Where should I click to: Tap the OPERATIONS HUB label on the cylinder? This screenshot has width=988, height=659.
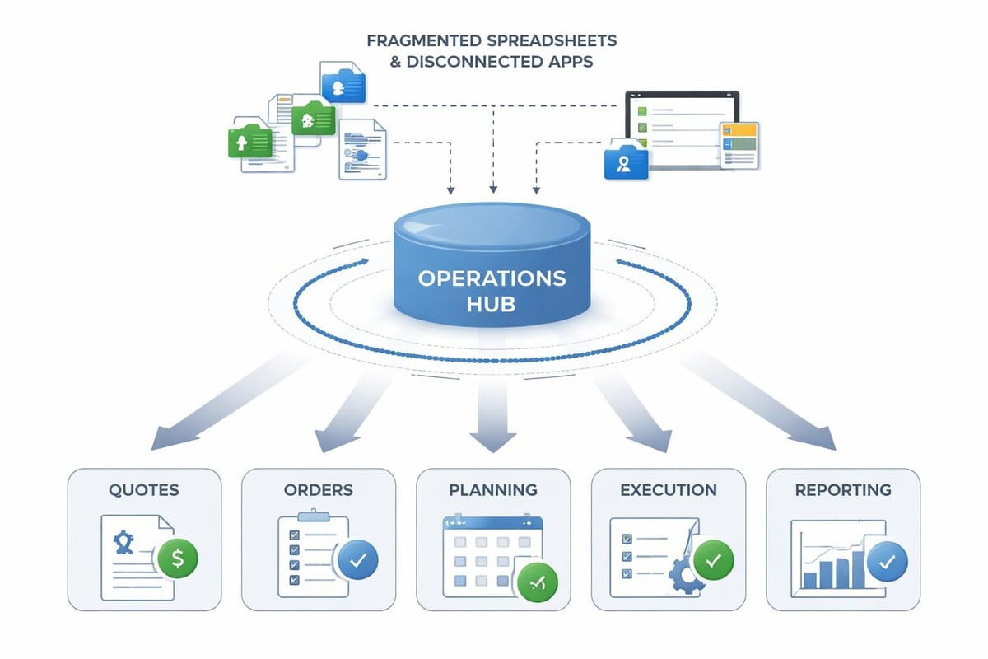click(x=492, y=290)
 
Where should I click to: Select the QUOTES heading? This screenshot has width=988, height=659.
click(x=144, y=490)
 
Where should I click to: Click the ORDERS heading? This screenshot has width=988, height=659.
click(x=318, y=490)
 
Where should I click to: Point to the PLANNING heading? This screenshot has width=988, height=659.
click(x=493, y=490)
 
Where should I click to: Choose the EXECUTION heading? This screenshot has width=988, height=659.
click(x=668, y=490)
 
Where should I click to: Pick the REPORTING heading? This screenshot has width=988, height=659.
click(x=843, y=490)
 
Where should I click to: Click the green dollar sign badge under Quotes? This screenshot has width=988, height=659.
click(x=177, y=559)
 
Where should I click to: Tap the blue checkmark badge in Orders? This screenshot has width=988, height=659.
click(x=357, y=559)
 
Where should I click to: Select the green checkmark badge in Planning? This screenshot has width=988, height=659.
click(x=537, y=583)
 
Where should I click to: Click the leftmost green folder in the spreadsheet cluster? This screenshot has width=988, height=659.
click(x=250, y=142)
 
